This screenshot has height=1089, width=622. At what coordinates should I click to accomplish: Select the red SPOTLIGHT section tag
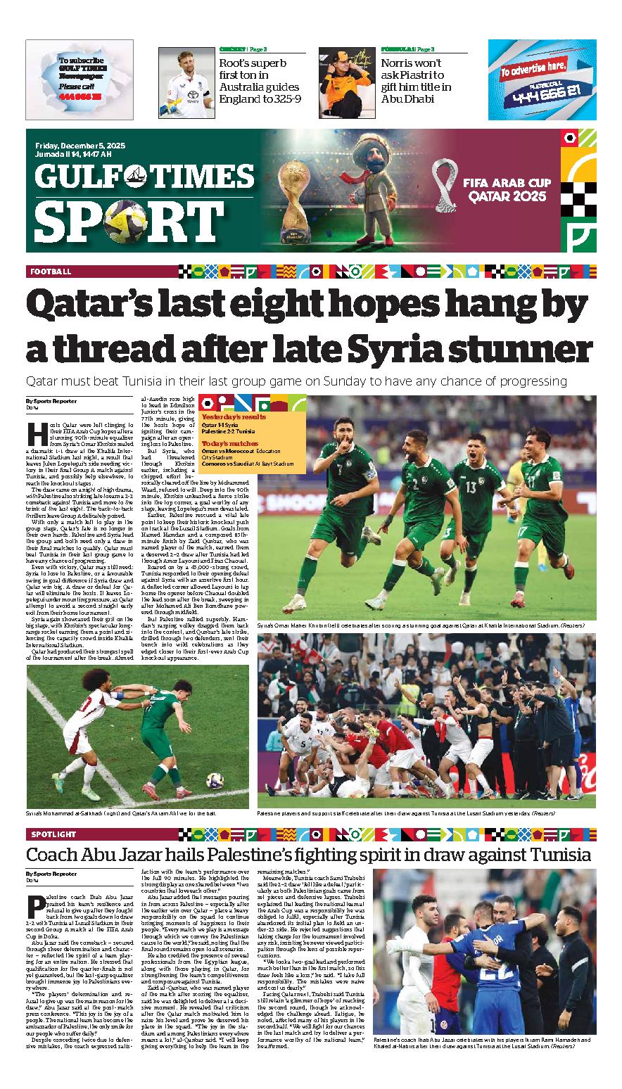(53, 834)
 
